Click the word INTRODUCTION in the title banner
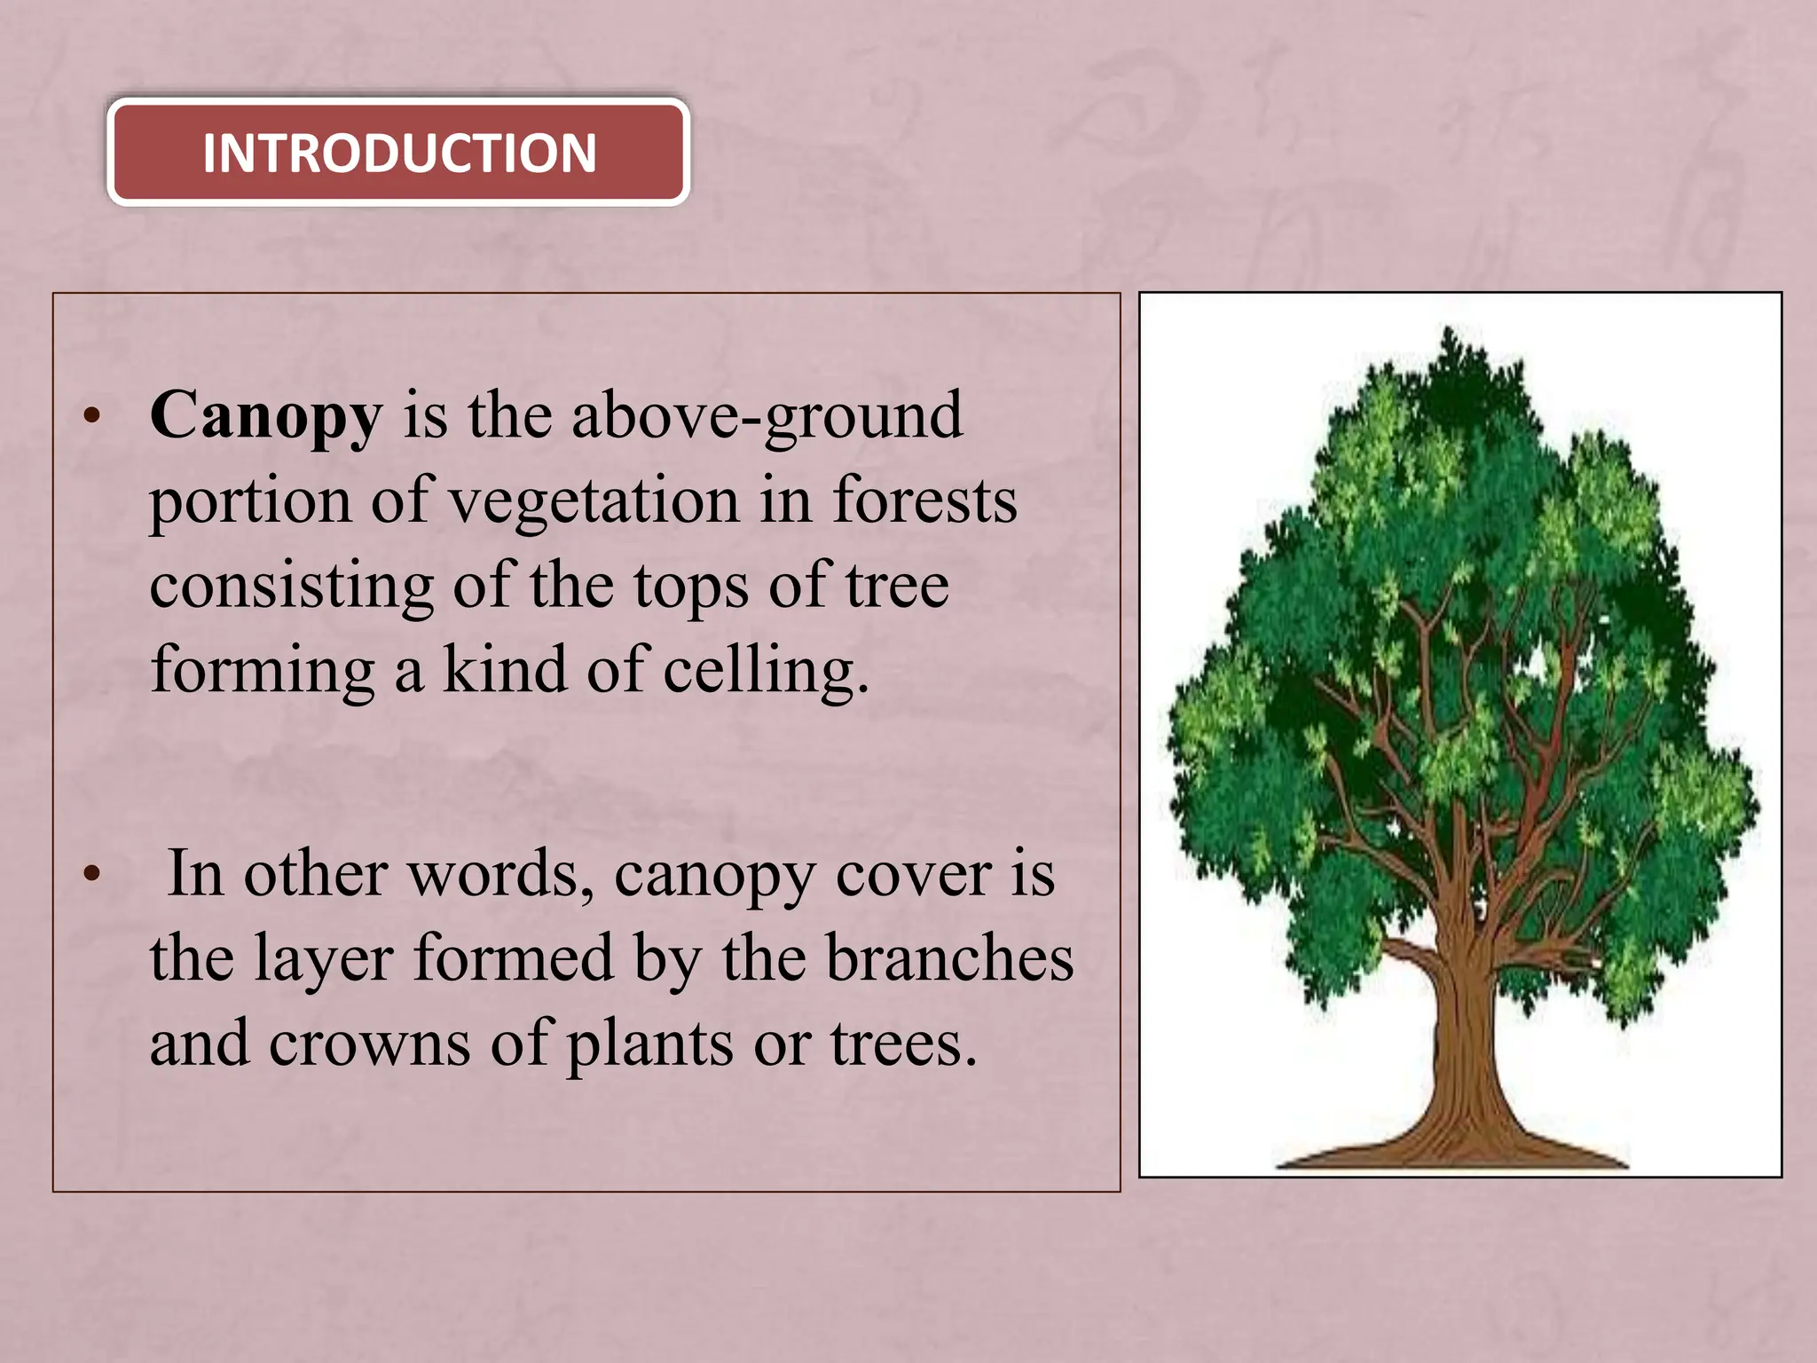tap(399, 153)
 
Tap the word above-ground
tap(767, 416)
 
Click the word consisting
tap(292, 587)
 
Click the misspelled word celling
tap(765, 671)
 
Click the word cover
tap(913, 876)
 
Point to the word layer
tap(323, 960)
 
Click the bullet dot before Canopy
tap(91, 416)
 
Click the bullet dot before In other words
tap(91, 875)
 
